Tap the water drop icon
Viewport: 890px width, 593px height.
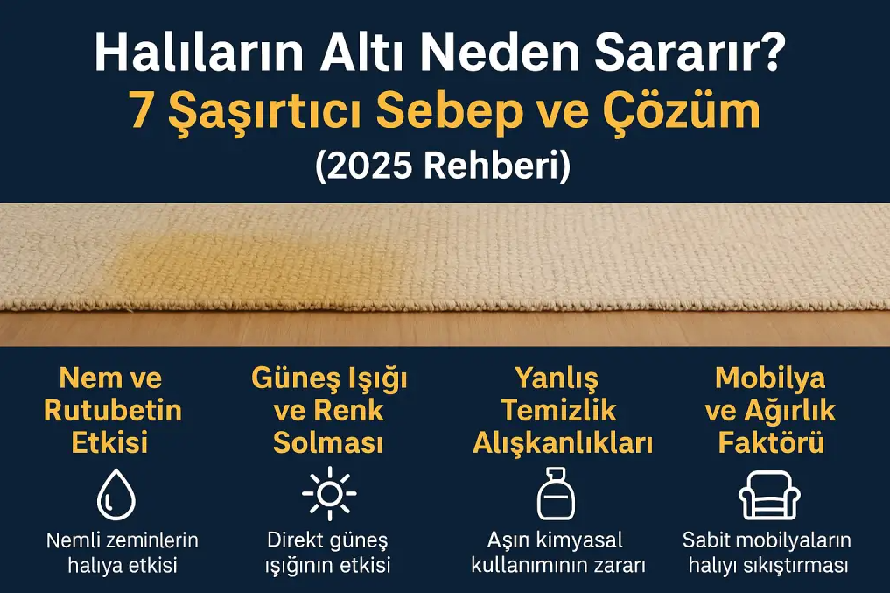[116, 495]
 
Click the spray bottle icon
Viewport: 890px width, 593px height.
[556, 494]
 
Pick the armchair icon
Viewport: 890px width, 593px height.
[770, 495]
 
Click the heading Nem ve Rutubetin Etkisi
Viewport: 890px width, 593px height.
[111, 411]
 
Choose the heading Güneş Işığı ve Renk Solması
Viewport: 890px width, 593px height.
[329, 411]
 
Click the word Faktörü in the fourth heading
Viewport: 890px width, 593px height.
[771, 443]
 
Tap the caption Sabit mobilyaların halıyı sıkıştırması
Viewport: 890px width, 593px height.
[769, 553]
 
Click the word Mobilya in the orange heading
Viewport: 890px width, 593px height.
[770, 378]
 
